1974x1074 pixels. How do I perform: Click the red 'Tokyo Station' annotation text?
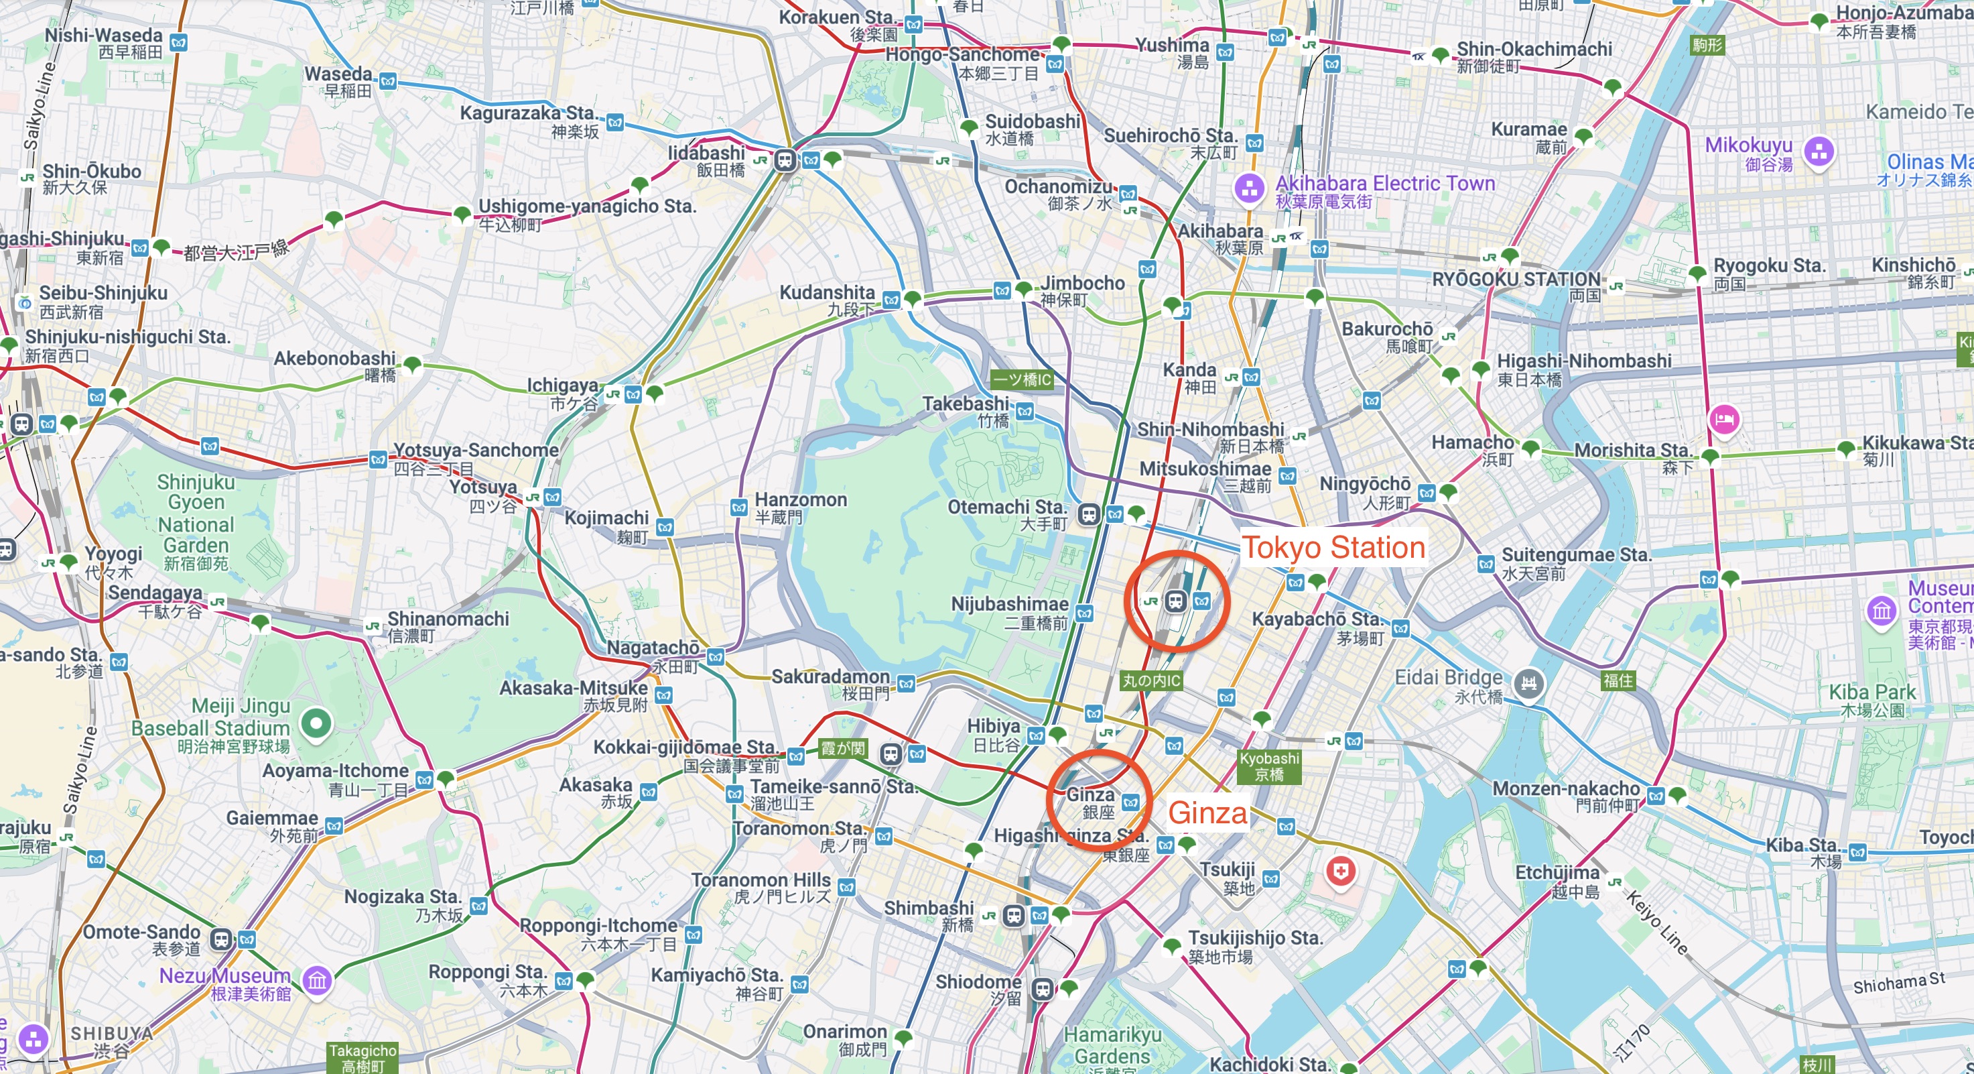pos(1333,547)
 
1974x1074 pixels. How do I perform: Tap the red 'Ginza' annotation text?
pos(1207,813)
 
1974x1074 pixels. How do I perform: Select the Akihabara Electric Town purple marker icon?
pos(1249,188)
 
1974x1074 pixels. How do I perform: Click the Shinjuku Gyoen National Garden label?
pos(196,522)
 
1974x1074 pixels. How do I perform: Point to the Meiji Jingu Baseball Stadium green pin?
pos(316,722)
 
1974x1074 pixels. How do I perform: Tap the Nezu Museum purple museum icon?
pos(317,979)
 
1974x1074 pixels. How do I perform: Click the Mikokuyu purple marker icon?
pos(1819,151)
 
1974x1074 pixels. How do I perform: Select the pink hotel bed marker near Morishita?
pos(1723,419)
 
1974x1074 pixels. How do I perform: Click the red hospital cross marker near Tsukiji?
pos(1340,872)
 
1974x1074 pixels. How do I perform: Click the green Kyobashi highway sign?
pos(1269,766)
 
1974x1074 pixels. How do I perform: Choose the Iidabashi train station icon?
pos(785,160)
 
